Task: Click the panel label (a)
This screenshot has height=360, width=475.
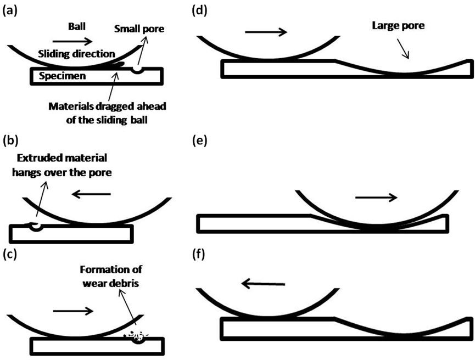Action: coord(12,9)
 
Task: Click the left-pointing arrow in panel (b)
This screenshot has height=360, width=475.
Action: coord(93,194)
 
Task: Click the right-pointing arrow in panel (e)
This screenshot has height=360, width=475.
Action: coord(376,198)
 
